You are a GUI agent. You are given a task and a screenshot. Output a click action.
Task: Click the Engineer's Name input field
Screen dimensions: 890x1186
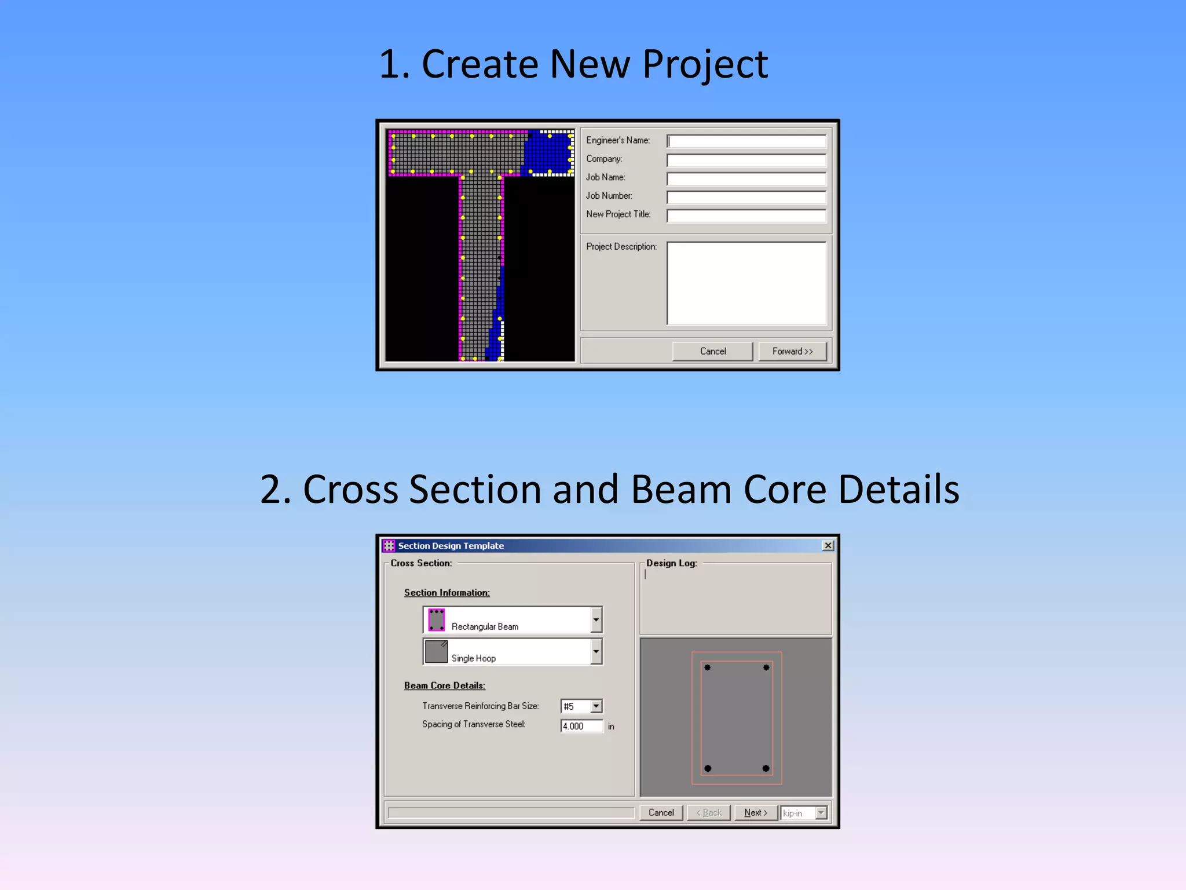click(746, 141)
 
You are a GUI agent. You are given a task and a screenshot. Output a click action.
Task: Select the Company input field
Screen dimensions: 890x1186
click(746, 160)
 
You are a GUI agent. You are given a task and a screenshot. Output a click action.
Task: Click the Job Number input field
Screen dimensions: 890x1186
click(746, 197)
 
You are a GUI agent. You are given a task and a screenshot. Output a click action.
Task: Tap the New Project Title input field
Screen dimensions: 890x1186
click(746, 216)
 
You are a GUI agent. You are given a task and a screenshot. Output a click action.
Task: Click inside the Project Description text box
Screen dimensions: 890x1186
click(746, 283)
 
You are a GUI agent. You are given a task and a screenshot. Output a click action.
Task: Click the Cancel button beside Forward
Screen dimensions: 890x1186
click(712, 351)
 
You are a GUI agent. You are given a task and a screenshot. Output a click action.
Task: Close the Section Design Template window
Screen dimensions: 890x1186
click(828, 545)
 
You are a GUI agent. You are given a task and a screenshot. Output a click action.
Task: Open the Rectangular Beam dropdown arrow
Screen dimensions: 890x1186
click(596, 620)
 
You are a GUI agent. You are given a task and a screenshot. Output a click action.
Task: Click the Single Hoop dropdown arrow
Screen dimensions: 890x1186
click(596, 652)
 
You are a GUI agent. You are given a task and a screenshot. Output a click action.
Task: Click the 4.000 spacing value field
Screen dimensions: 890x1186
click(581, 726)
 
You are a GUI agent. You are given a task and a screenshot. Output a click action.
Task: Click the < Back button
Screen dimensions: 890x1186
click(709, 812)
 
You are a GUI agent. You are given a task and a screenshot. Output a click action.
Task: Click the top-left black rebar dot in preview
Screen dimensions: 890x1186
click(708, 667)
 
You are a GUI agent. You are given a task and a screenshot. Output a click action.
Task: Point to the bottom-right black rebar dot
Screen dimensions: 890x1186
click(766, 768)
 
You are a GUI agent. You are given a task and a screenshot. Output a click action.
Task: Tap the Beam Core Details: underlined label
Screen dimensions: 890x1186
click(444, 685)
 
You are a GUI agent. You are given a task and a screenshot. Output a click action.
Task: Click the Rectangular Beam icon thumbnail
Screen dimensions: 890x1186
click(436, 619)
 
